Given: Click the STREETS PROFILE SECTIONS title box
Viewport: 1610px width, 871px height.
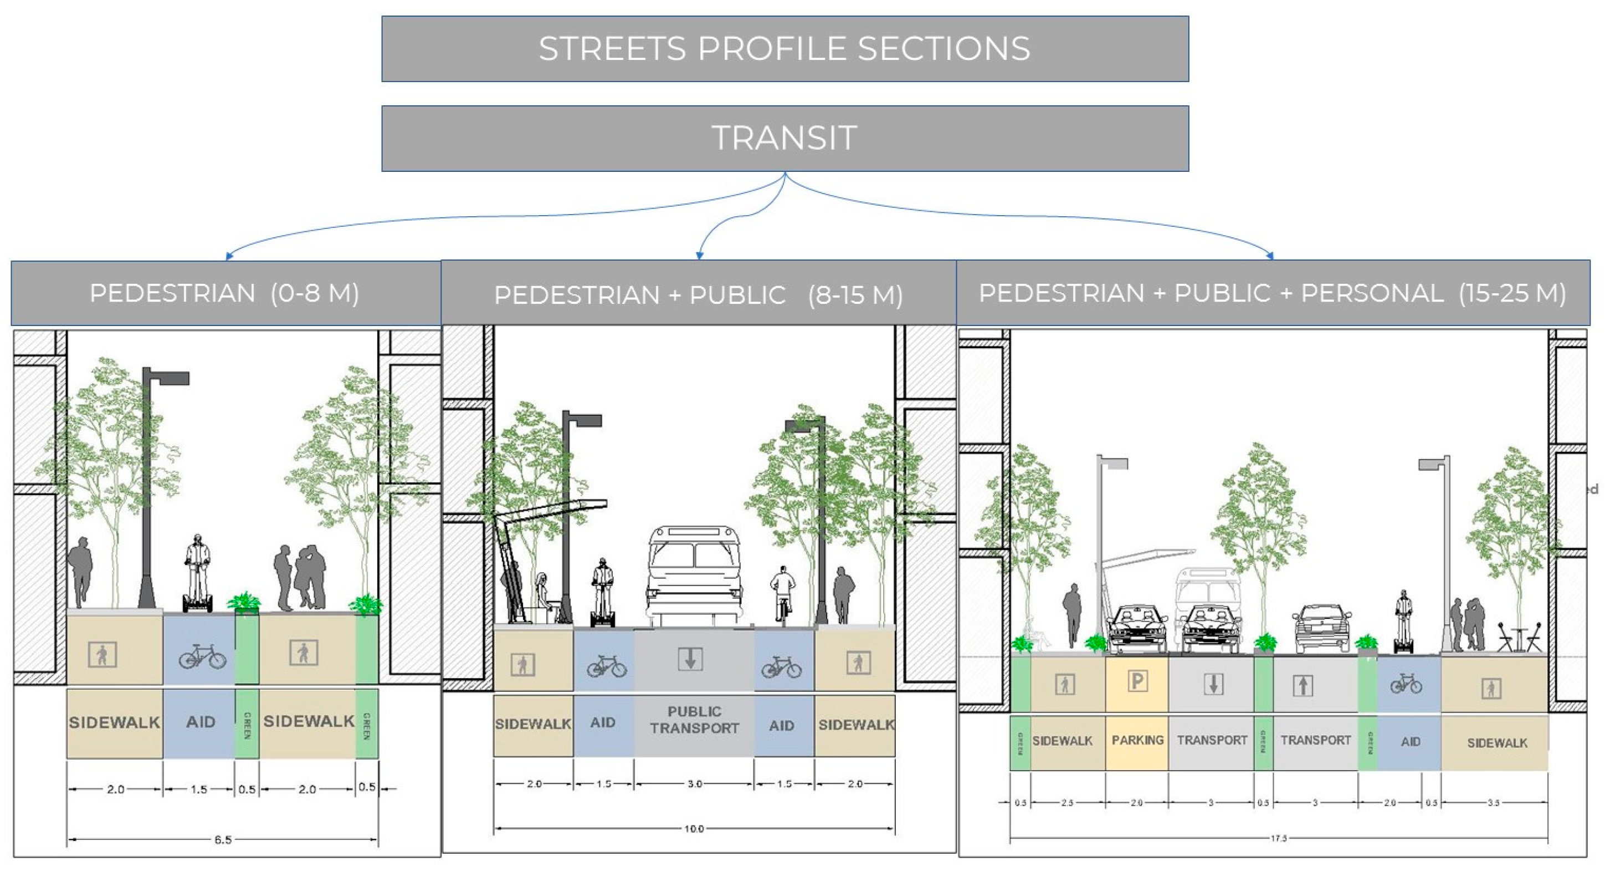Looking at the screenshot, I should point(785,49).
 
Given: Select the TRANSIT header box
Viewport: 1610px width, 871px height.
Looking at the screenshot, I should point(785,138).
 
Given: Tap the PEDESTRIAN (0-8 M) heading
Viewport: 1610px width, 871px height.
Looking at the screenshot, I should point(225,293).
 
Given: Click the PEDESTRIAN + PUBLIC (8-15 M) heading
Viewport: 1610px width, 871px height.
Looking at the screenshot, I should point(698,294).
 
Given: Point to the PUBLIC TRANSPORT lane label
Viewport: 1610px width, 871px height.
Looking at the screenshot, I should point(694,720).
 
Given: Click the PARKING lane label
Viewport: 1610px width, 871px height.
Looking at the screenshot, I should point(1137,740).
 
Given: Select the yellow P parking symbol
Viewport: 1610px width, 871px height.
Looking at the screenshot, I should point(1137,681).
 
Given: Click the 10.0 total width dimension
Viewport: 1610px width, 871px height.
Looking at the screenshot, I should point(694,829).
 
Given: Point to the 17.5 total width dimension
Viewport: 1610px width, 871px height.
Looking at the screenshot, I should point(1278,838).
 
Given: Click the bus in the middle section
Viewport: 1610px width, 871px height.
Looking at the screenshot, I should point(694,575).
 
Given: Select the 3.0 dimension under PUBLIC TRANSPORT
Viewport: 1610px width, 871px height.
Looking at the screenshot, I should point(694,784).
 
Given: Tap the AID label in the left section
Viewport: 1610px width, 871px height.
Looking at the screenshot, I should point(200,722).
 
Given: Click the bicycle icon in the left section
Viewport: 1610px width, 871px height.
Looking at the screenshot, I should point(202,656).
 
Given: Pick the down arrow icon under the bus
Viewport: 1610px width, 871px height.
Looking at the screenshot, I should point(690,659).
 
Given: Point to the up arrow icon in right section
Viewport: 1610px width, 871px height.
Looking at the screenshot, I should point(1303,686).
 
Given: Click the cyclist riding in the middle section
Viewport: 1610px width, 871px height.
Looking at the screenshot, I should point(782,594).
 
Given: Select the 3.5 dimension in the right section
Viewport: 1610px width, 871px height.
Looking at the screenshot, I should point(1493,803).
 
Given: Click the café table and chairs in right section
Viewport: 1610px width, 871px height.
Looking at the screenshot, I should point(1520,638).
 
